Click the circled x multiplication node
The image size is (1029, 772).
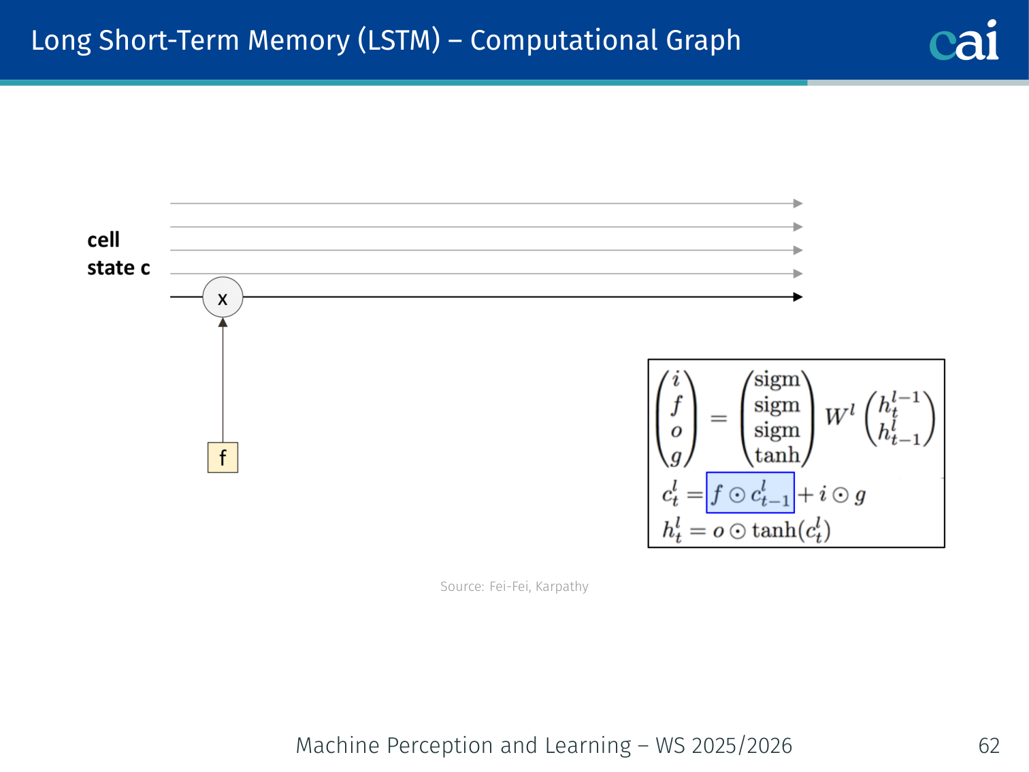pyautogui.click(x=223, y=297)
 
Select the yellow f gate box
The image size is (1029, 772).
pyautogui.click(x=223, y=457)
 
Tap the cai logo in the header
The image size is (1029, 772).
pyautogui.click(x=964, y=41)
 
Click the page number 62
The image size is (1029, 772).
pyautogui.click(x=988, y=745)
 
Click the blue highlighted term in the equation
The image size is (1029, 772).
pyautogui.click(x=750, y=493)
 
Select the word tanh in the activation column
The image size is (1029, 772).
pyautogui.click(x=777, y=455)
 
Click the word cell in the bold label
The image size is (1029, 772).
pyautogui.click(x=103, y=240)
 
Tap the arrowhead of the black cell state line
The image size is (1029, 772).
pyautogui.click(x=798, y=297)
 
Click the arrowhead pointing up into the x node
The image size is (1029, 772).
pyautogui.click(x=223, y=322)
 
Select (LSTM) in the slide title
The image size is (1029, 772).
pyautogui.click(x=399, y=40)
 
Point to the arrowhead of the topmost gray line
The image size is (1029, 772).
pyautogui.click(x=798, y=204)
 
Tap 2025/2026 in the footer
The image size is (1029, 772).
pyautogui.click(x=741, y=745)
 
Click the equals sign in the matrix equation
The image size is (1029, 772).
pyautogui.click(x=718, y=418)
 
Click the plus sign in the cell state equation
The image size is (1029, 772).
pyautogui.click(x=805, y=494)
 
